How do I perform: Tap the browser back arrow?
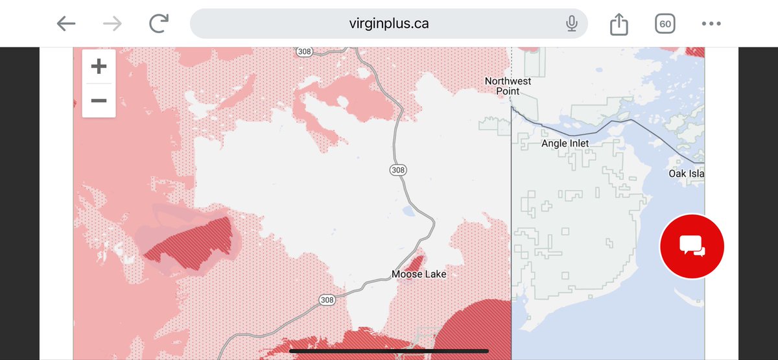tap(65, 24)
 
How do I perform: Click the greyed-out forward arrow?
tap(112, 24)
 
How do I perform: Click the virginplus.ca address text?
tap(388, 24)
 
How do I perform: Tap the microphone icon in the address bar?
tap(571, 24)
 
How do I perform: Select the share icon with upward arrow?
tap(619, 24)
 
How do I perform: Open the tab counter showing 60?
tap(665, 24)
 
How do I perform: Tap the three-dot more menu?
tap(711, 24)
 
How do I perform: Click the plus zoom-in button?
tap(99, 66)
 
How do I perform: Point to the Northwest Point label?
tap(508, 86)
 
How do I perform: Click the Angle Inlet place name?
tap(565, 143)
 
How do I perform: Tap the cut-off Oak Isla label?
tap(687, 174)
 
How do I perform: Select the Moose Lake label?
tap(419, 274)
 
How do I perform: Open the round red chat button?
tap(692, 246)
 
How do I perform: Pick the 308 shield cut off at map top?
tap(303, 51)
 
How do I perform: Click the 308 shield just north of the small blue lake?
tap(398, 170)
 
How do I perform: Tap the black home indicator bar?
tap(388, 351)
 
